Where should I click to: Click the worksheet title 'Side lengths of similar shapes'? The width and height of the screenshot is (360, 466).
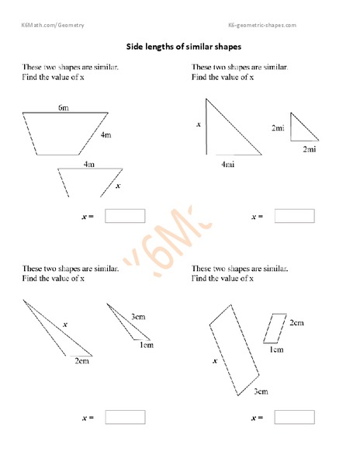pyautogui.click(x=180, y=46)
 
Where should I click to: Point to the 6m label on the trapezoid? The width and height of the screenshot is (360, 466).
pyautogui.click(x=64, y=106)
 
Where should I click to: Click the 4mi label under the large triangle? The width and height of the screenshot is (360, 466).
pyautogui.click(x=228, y=164)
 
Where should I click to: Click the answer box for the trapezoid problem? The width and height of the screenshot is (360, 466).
pyautogui.click(x=125, y=217)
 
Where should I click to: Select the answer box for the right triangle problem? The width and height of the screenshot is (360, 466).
pyautogui.click(x=294, y=216)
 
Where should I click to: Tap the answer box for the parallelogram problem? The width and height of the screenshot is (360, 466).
pyautogui.click(x=294, y=417)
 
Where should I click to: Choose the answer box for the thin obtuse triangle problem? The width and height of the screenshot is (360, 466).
pyautogui.click(x=125, y=417)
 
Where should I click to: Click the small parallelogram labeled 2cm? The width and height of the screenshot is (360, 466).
pyautogui.click(x=275, y=327)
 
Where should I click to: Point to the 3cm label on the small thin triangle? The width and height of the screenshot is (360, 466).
pyautogui.click(x=139, y=316)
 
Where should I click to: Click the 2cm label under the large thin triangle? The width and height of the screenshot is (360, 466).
pyautogui.click(x=81, y=361)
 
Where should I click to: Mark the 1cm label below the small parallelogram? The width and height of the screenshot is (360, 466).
pyautogui.click(x=276, y=349)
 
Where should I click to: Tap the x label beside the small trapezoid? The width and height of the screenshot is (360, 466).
pyautogui.click(x=118, y=186)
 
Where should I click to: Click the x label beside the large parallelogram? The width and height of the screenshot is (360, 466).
pyautogui.click(x=213, y=361)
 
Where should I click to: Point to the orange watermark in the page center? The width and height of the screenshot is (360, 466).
pyautogui.click(x=180, y=237)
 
